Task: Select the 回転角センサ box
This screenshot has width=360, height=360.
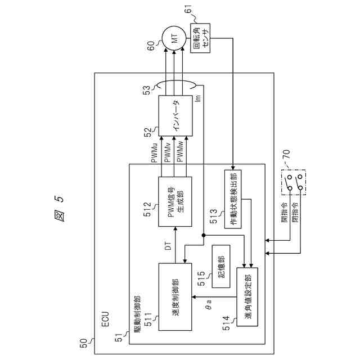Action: point(200,38)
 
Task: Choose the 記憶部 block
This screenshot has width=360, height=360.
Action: point(222,265)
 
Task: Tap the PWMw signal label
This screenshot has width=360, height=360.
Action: point(179,153)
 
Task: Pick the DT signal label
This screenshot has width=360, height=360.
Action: point(168,247)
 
